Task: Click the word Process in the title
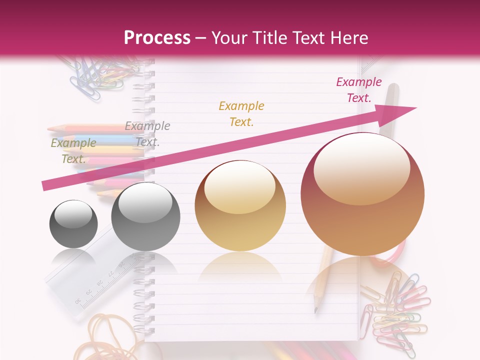[x=157, y=38]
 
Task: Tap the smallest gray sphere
[x=73, y=224]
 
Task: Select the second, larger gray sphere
[x=145, y=216]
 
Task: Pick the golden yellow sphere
[x=240, y=205]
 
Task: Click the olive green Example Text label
[x=73, y=151]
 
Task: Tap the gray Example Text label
[x=147, y=134]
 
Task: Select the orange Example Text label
[x=241, y=113]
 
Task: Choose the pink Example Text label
[x=358, y=90]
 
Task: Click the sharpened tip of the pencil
[x=316, y=310]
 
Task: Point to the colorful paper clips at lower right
[x=395, y=310]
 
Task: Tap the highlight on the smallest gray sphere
[x=73, y=214]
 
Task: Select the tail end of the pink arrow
[x=45, y=186]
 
